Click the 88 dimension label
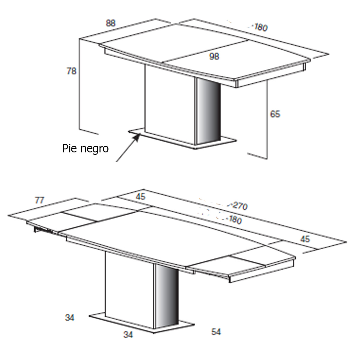click(111, 23)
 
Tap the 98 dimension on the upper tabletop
click(214, 56)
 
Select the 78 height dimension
click(71, 71)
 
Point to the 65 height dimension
click(275, 114)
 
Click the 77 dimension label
click(39, 200)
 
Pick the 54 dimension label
click(216, 332)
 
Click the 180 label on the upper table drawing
click(260, 28)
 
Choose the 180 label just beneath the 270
click(234, 220)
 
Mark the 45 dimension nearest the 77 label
click(140, 196)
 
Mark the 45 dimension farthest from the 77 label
click(305, 239)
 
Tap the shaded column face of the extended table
click(167, 297)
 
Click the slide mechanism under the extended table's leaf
click(42, 230)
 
